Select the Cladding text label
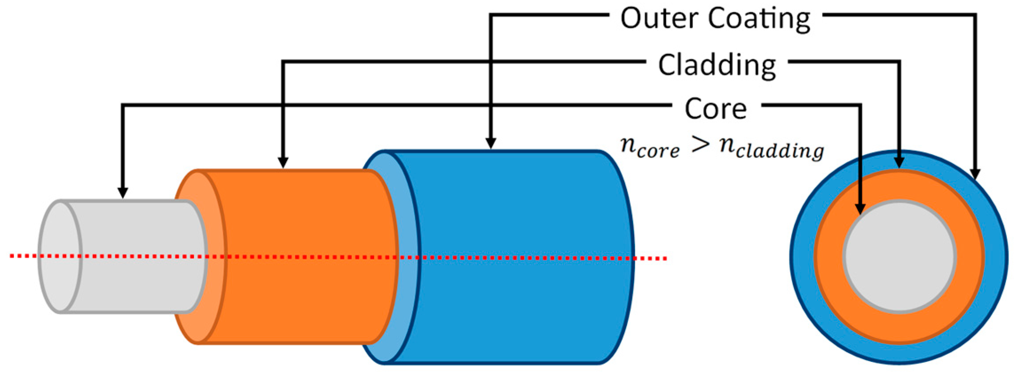pyautogui.click(x=717, y=66)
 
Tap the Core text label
pyautogui.click(x=716, y=109)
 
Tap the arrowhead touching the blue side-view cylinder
pyautogui.click(x=490, y=143)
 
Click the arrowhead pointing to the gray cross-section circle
pyautogui.click(x=860, y=208)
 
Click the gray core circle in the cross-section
pyautogui.click(x=899, y=257)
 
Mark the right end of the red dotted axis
pyautogui.click(x=665, y=258)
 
